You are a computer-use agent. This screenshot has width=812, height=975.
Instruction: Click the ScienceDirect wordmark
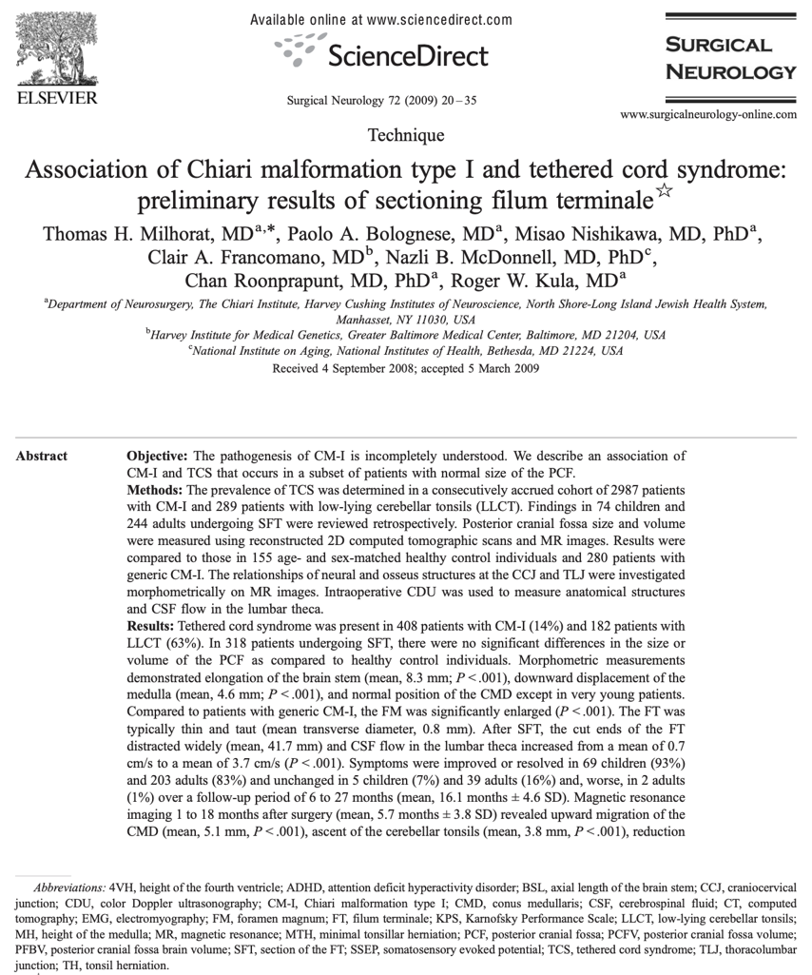[407, 55]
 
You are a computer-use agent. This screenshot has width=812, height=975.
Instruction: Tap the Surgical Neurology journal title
[730, 58]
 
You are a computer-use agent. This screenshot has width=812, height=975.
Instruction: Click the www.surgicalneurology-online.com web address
[708, 115]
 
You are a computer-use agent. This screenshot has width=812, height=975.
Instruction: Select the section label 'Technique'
[406, 135]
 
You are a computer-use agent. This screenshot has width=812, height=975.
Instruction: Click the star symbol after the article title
[665, 192]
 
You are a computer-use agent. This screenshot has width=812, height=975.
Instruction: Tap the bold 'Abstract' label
[42, 457]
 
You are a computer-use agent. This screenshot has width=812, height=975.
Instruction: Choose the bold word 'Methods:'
[156, 489]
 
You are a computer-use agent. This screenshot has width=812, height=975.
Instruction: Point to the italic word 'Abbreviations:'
[69, 885]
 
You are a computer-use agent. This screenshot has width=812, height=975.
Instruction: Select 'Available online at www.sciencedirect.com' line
[380, 20]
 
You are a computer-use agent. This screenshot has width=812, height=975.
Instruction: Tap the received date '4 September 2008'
[365, 368]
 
